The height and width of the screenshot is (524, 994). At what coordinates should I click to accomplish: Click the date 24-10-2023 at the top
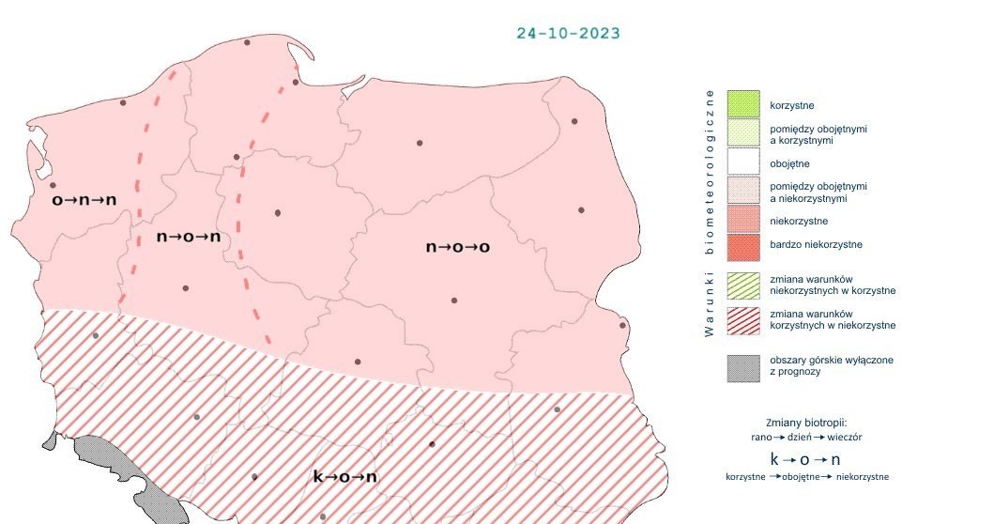pyautogui.click(x=568, y=33)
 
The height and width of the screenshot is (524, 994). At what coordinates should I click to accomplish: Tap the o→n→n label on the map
pyautogui.click(x=84, y=200)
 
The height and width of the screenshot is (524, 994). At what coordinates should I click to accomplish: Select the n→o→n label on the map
pyautogui.click(x=189, y=237)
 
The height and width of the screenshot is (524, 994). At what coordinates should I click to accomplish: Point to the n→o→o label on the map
pyautogui.click(x=459, y=247)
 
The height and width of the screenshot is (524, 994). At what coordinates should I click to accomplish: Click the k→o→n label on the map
pyautogui.click(x=344, y=477)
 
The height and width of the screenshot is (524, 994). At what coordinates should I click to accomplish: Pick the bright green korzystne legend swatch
pyautogui.click(x=742, y=104)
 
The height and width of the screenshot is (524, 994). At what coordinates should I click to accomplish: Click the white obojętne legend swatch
pyautogui.click(x=742, y=163)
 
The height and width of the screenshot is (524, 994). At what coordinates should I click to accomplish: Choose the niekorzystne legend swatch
pyautogui.click(x=742, y=222)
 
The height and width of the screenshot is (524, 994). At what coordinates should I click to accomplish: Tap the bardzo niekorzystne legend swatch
pyautogui.click(x=742, y=245)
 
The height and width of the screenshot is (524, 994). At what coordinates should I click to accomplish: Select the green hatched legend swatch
pyautogui.click(x=742, y=285)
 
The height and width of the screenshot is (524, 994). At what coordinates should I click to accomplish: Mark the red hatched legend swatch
pyautogui.click(x=742, y=319)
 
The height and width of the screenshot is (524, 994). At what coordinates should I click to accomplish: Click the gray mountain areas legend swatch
pyautogui.click(x=742, y=367)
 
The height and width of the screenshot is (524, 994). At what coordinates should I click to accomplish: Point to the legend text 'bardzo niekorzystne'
pyautogui.click(x=815, y=245)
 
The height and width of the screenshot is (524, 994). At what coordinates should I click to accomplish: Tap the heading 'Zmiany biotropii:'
pyautogui.click(x=807, y=422)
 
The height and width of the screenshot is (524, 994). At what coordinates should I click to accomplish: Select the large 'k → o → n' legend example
pyautogui.click(x=804, y=459)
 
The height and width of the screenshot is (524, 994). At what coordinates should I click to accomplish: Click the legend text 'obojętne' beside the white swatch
pyautogui.click(x=789, y=163)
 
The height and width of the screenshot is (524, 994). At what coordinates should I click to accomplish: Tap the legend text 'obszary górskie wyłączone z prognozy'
pyautogui.click(x=818, y=366)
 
